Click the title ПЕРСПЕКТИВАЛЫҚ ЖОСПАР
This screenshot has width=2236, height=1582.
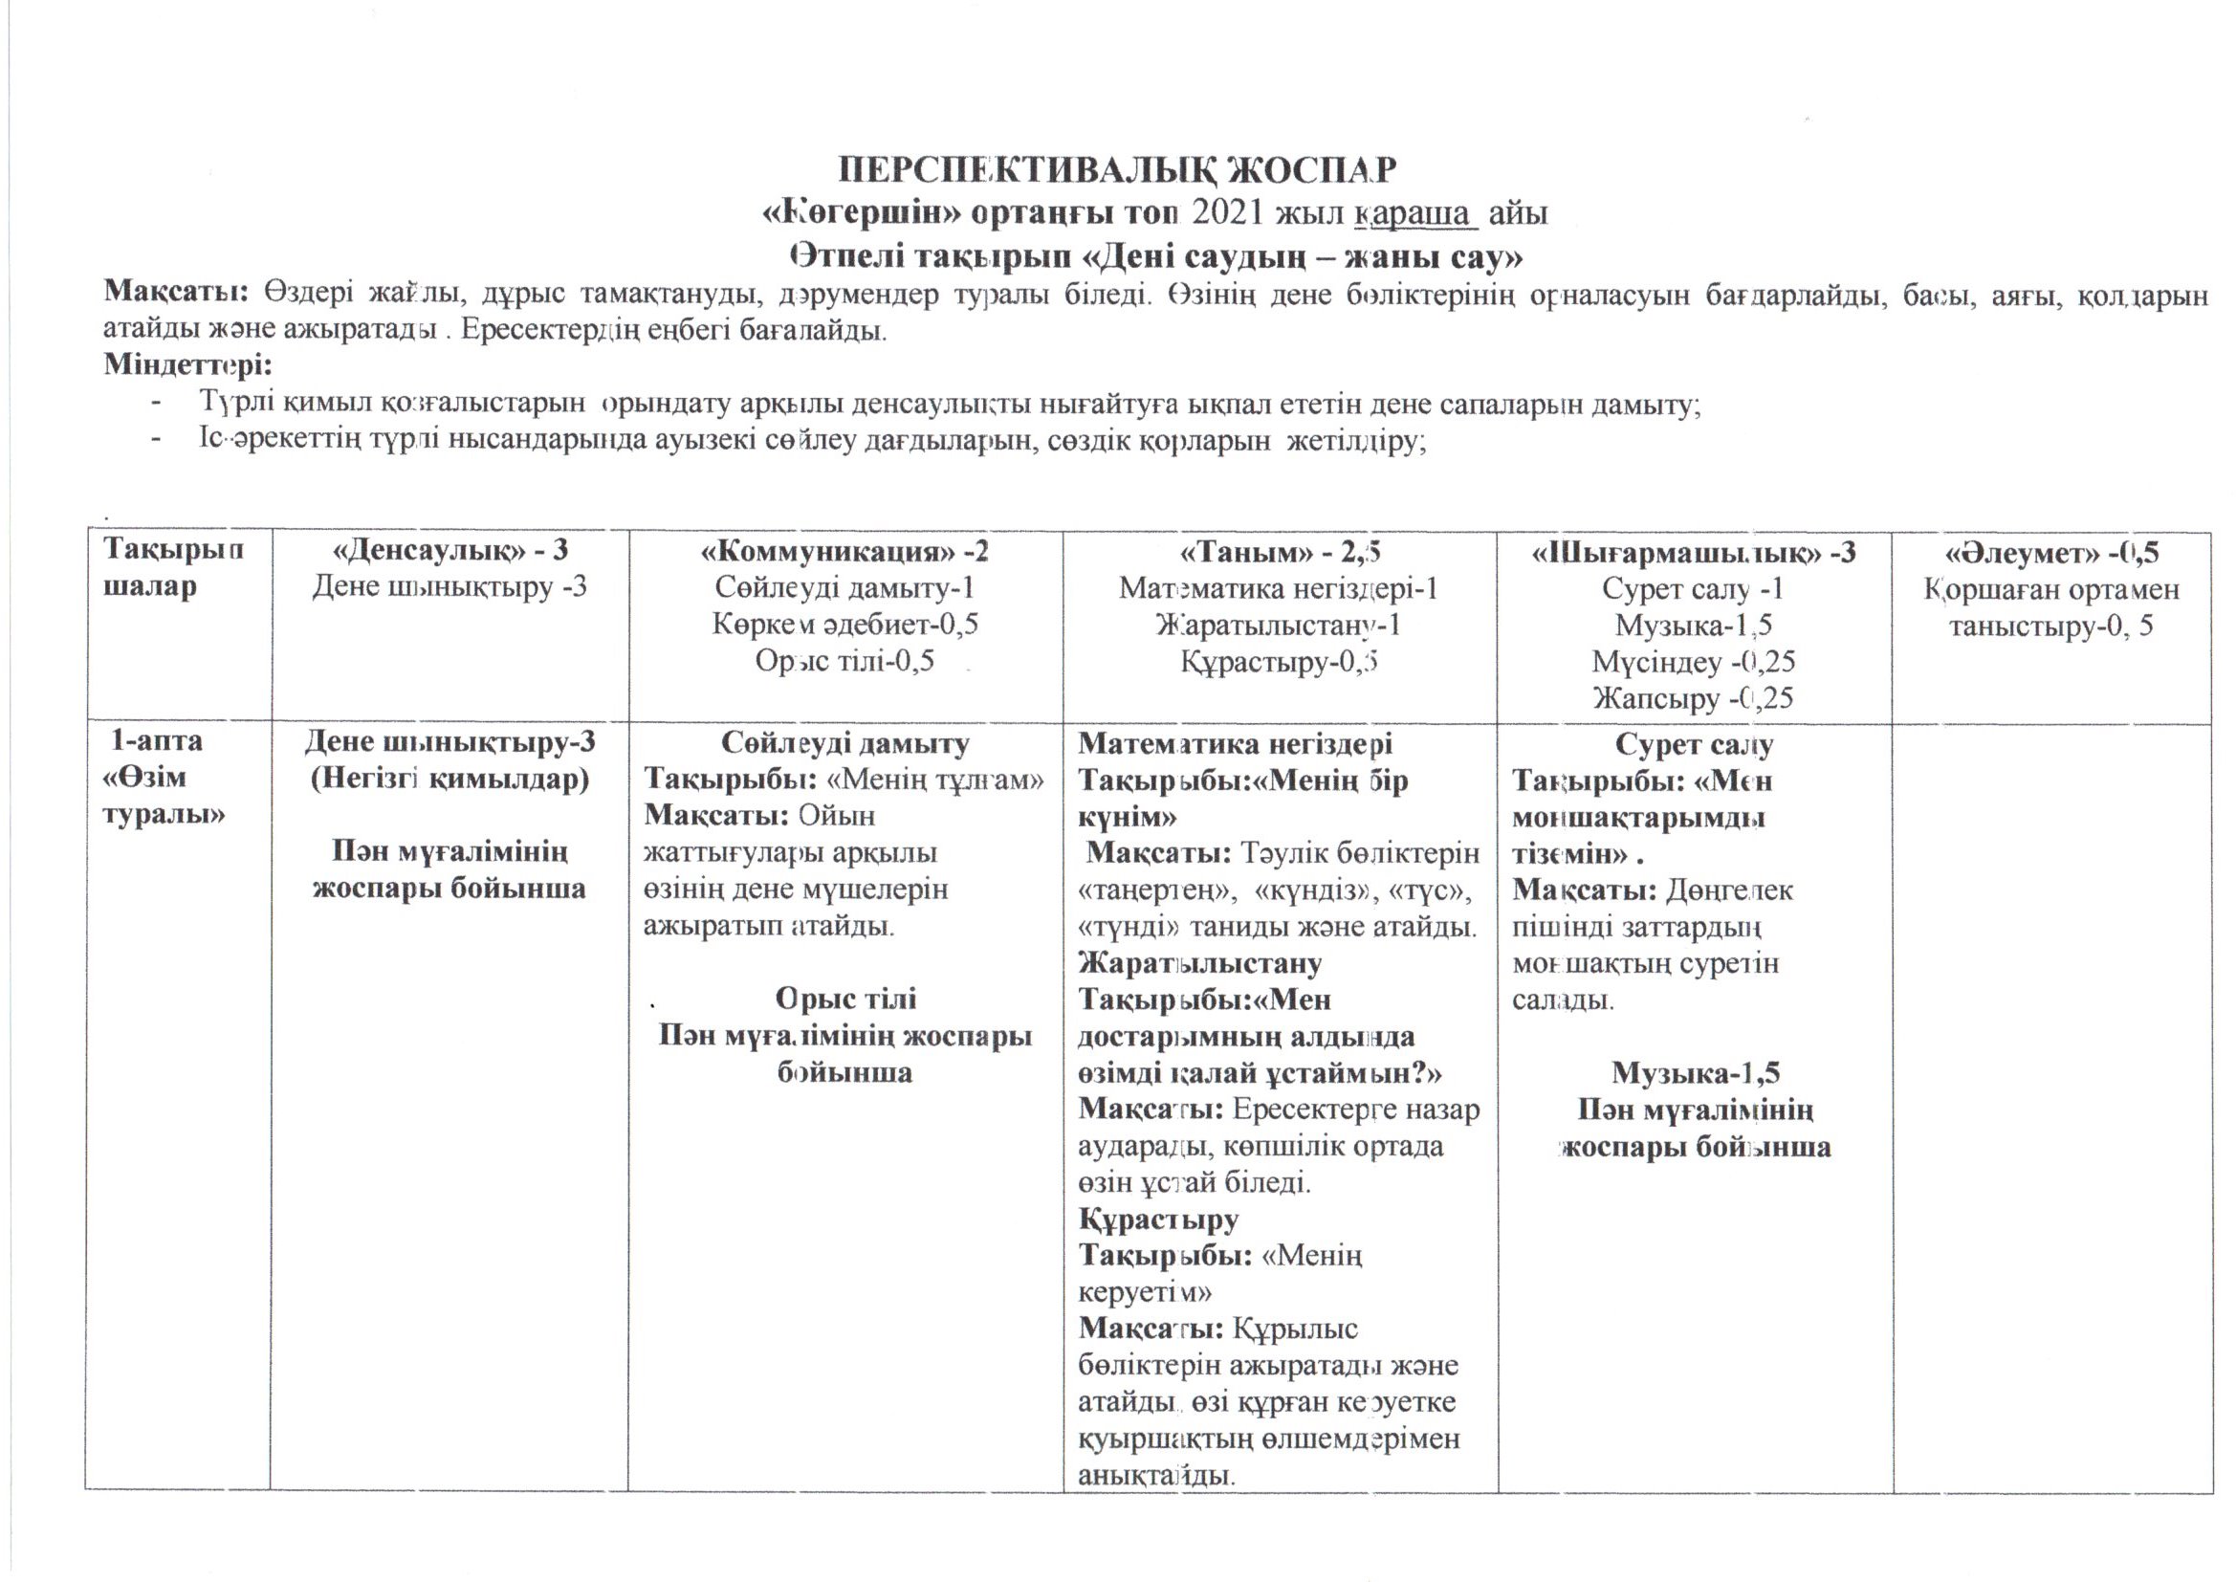pyautogui.click(x=1117, y=170)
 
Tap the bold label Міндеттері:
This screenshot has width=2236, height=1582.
pyautogui.click(x=188, y=365)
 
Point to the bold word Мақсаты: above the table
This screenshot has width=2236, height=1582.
pyautogui.click(x=176, y=293)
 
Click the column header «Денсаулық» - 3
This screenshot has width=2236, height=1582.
pyautogui.click(x=449, y=551)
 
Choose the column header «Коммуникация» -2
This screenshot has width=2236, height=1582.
pyautogui.click(x=844, y=552)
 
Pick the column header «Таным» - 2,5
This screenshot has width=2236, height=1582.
pyautogui.click(x=1280, y=552)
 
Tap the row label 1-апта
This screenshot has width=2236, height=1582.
pyautogui.click(x=157, y=741)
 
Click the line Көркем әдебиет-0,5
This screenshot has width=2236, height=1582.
pyautogui.click(x=844, y=625)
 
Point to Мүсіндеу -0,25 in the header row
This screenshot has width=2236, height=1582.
pyautogui.click(x=1694, y=663)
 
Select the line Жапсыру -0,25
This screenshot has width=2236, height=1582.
pyautogui.click(x=1694, y=698)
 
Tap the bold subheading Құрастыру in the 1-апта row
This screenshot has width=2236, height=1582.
pyautogui.click(x=1158, y=1219)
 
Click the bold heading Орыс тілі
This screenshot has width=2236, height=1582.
pyautogui.click(x=845, y=1000)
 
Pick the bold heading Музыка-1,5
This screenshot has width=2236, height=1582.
pyautogui.click(x=1696, y=1072)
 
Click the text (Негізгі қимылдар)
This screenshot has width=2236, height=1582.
pyautogui.click(x=449, y=780)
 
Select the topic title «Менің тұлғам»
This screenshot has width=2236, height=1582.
pyautogui.click(x=935, y=780)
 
